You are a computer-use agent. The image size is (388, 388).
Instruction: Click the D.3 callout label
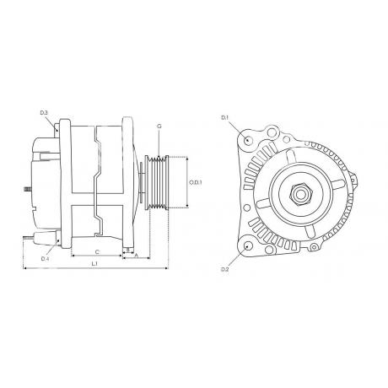[44, 113]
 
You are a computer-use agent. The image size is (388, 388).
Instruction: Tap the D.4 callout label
[45, 259]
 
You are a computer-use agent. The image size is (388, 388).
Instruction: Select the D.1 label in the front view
[225, 117]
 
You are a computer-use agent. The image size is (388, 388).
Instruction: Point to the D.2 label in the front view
[225, 269]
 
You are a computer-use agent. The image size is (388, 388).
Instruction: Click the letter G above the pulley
[159, 127]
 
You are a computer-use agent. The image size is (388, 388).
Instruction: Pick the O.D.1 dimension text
[196, 182]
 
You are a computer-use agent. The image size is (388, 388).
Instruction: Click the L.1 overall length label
[94, 264]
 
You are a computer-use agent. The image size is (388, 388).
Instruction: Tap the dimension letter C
[97, 252]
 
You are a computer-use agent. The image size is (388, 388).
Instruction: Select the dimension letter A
[137, 256]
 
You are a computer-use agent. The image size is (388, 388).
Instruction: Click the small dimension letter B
[128, 250]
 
